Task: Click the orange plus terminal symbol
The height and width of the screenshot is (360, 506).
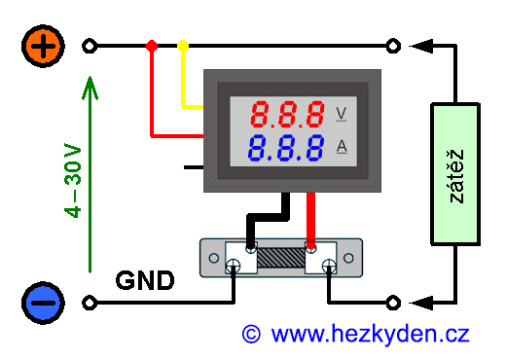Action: (43, 46)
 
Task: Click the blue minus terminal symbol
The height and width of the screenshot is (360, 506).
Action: (43, 303)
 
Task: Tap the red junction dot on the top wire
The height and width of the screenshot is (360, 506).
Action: (152, 46)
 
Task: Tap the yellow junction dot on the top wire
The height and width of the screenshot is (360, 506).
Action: (183, 46)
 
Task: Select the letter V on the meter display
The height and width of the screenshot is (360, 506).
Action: (341, 114)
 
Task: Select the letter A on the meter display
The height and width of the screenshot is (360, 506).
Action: (342, 146)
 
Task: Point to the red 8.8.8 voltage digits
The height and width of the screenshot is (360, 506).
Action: (287, 114)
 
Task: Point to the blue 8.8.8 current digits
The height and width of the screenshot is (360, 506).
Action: (286, 148)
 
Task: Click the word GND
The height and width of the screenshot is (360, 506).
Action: (145, 280)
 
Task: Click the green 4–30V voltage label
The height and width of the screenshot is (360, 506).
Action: (73, 180)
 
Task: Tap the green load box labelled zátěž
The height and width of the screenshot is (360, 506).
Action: (455, 174)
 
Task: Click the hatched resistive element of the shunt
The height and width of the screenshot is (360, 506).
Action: (281, 258)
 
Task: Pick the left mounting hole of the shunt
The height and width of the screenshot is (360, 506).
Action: (214, 258)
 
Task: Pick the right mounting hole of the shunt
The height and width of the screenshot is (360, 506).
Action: (348, 258)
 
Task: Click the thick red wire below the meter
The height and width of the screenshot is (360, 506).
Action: (311, 221)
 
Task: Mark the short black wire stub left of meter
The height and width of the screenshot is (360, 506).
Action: (194, 167)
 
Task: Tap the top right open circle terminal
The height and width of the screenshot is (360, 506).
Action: (393, 46)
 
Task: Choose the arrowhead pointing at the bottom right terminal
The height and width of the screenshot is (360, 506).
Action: (421, 303)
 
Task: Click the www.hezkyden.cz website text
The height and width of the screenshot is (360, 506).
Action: (370, 335)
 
